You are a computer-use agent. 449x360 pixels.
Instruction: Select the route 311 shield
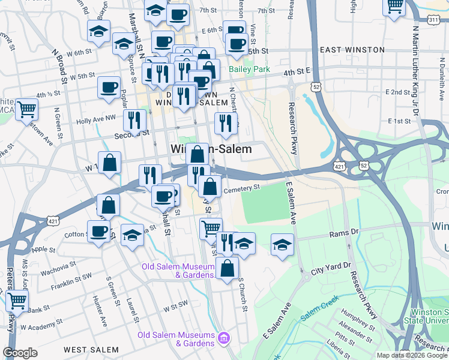pos(433,20)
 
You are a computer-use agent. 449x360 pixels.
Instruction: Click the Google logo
pos(20,353)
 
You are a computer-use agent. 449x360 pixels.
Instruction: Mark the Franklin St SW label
pos(71,280)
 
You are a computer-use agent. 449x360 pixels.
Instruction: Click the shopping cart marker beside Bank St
pos(17,300)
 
